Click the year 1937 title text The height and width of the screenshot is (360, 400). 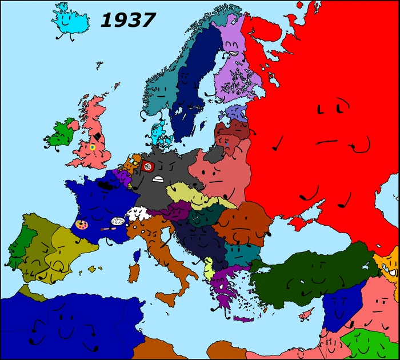pyautogui.click(x=127, y=21)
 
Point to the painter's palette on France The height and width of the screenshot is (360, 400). pyautogui.click(x=82, y=226)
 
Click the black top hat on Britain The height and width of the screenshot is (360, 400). pyautogui.click(x=99, y=138)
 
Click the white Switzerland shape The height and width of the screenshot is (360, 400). pyautogui.click(x=138, y=214)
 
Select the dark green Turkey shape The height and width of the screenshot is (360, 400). pyautogui.click(x=309, y=274)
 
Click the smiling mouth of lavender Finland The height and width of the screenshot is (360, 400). pyautogui.click(x=233, y=52)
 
